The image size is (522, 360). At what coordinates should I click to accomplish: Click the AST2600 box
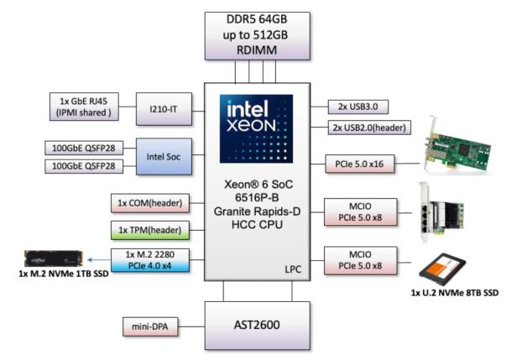click(258, 321)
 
